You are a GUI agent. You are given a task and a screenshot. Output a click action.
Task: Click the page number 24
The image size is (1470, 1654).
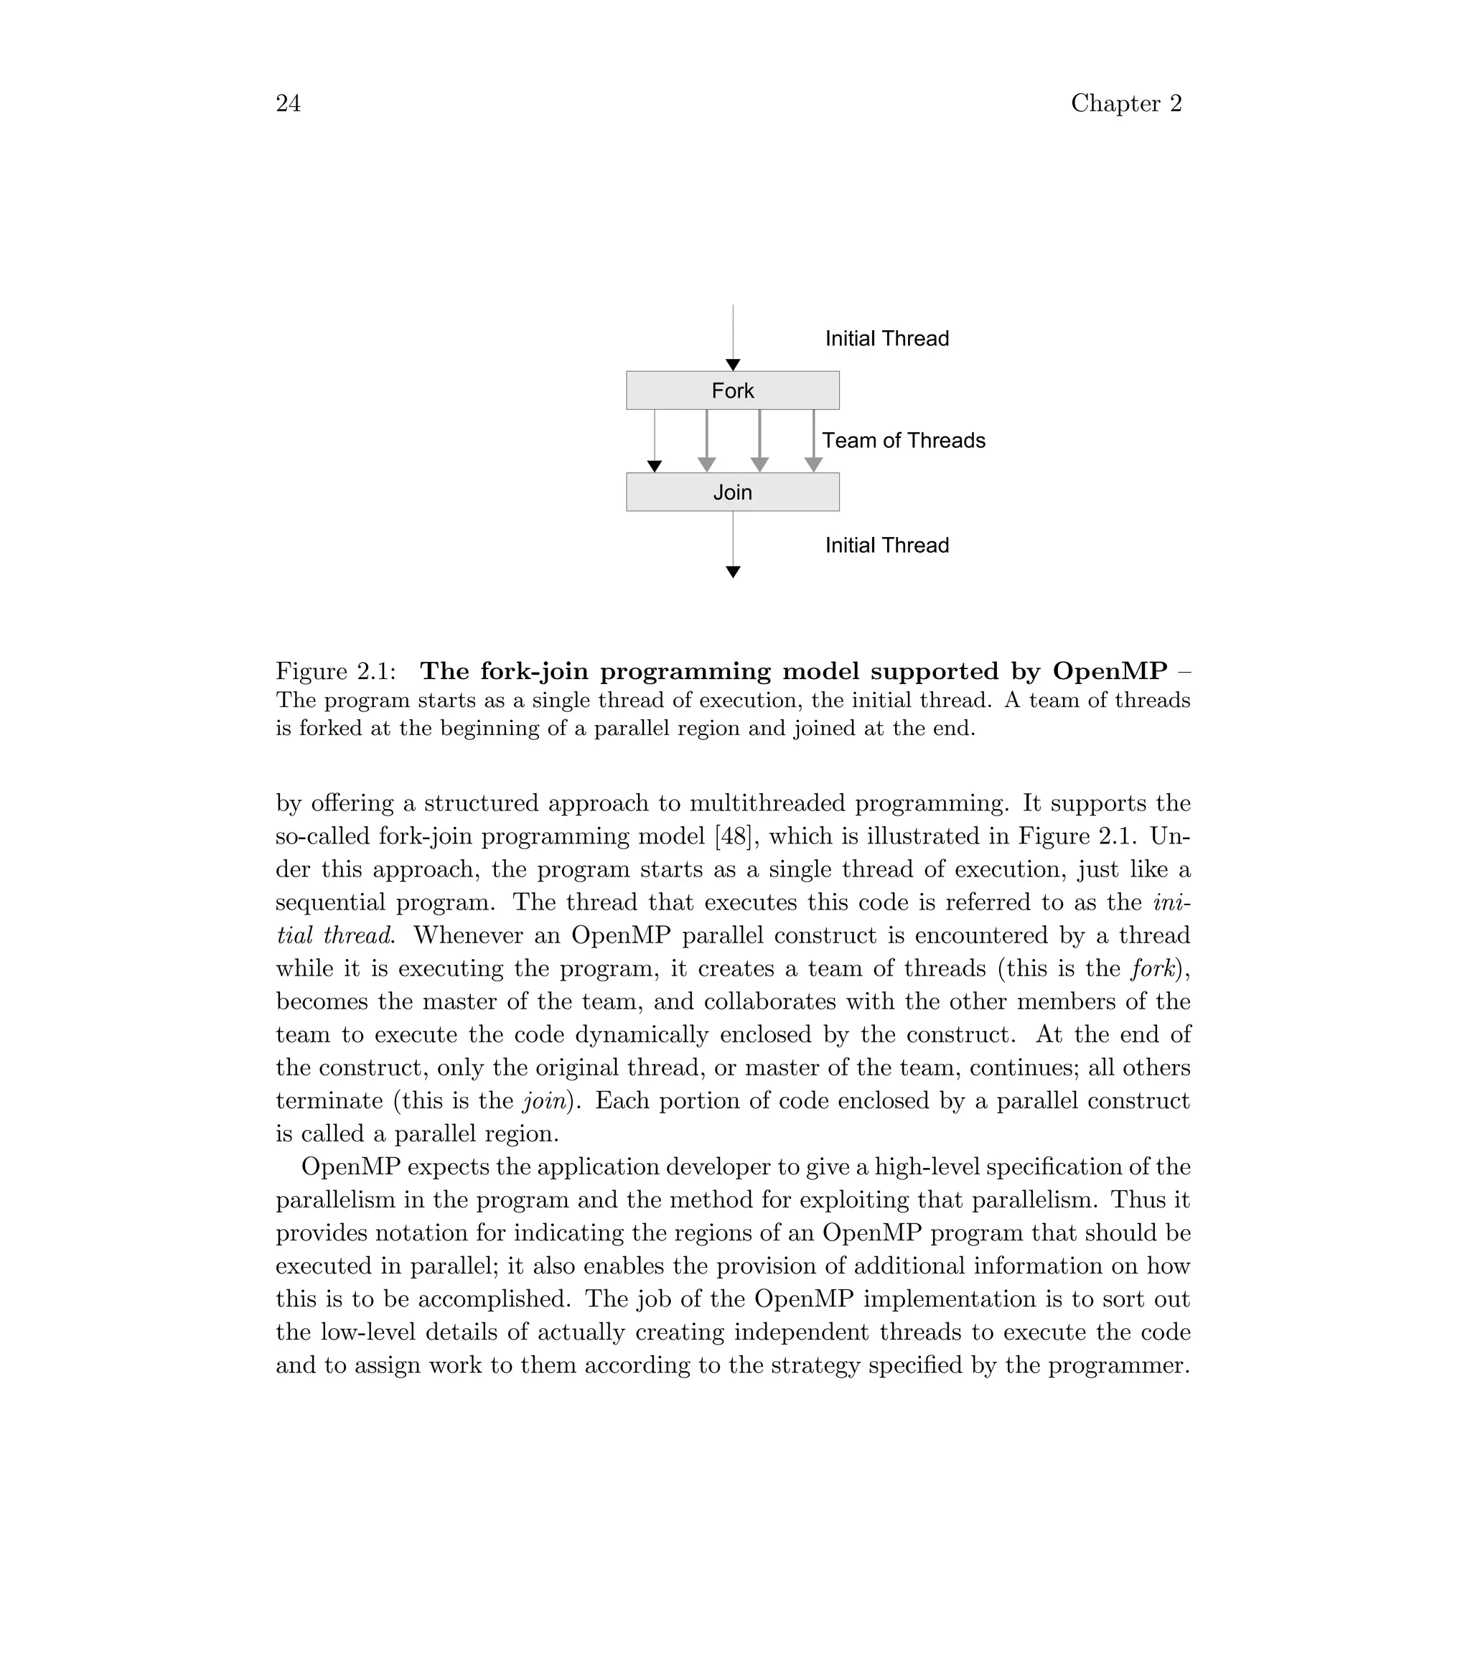point(288,103)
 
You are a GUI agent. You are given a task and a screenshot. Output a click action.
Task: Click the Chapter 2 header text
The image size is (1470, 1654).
point(1126,103)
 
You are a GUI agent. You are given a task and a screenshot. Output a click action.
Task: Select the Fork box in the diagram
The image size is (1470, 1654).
point(732,391)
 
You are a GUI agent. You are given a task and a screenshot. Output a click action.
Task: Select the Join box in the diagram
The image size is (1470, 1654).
point(732,492)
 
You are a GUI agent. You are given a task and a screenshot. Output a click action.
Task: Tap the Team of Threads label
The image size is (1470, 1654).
point(904,441)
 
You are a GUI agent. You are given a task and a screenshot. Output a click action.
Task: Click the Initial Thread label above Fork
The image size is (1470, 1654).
point(886,339)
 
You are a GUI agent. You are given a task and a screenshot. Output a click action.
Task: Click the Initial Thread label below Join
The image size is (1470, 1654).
point(886,546)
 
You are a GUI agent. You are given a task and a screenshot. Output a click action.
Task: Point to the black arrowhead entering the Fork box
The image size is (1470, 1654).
point(733,365)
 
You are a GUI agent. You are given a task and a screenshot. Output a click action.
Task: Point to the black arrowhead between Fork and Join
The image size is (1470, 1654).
point(655,467)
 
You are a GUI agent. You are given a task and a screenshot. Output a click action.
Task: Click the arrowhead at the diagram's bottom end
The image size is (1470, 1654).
point(733,573)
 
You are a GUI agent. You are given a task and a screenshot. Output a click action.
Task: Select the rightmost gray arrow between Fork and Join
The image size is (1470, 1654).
point(814,441)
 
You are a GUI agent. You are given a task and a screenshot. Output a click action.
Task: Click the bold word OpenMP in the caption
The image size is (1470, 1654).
point(1110,672)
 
